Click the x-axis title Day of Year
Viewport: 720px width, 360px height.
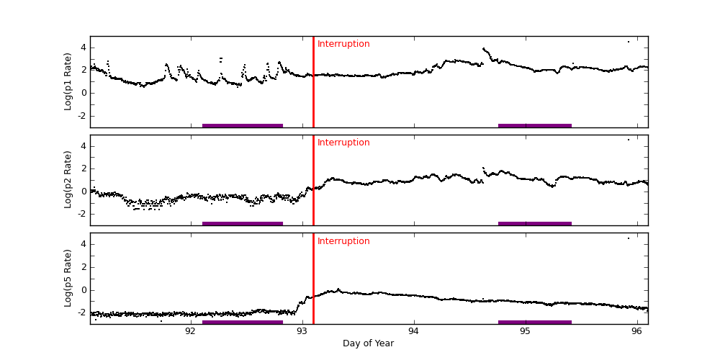point(368,343)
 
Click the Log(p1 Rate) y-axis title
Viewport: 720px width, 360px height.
point(68,81)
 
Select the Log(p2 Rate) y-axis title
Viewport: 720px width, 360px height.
point(68,179)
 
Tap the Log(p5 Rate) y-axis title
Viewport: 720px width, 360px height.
point(68,278)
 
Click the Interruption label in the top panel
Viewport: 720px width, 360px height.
point(343,44)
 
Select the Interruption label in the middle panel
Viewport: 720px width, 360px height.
point(343,143)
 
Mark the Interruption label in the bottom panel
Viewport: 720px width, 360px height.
point(343,241)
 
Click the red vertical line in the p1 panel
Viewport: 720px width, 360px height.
point(313,86)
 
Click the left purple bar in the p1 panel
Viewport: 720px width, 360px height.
point(242,125)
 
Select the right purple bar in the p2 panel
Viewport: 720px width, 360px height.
point(534,223)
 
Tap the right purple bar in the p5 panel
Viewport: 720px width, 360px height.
point(534,322)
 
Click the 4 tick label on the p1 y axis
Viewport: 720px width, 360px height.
point(83,48)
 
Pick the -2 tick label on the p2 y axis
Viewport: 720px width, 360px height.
point(81,214)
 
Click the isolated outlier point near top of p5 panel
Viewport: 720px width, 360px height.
point(628,238)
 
